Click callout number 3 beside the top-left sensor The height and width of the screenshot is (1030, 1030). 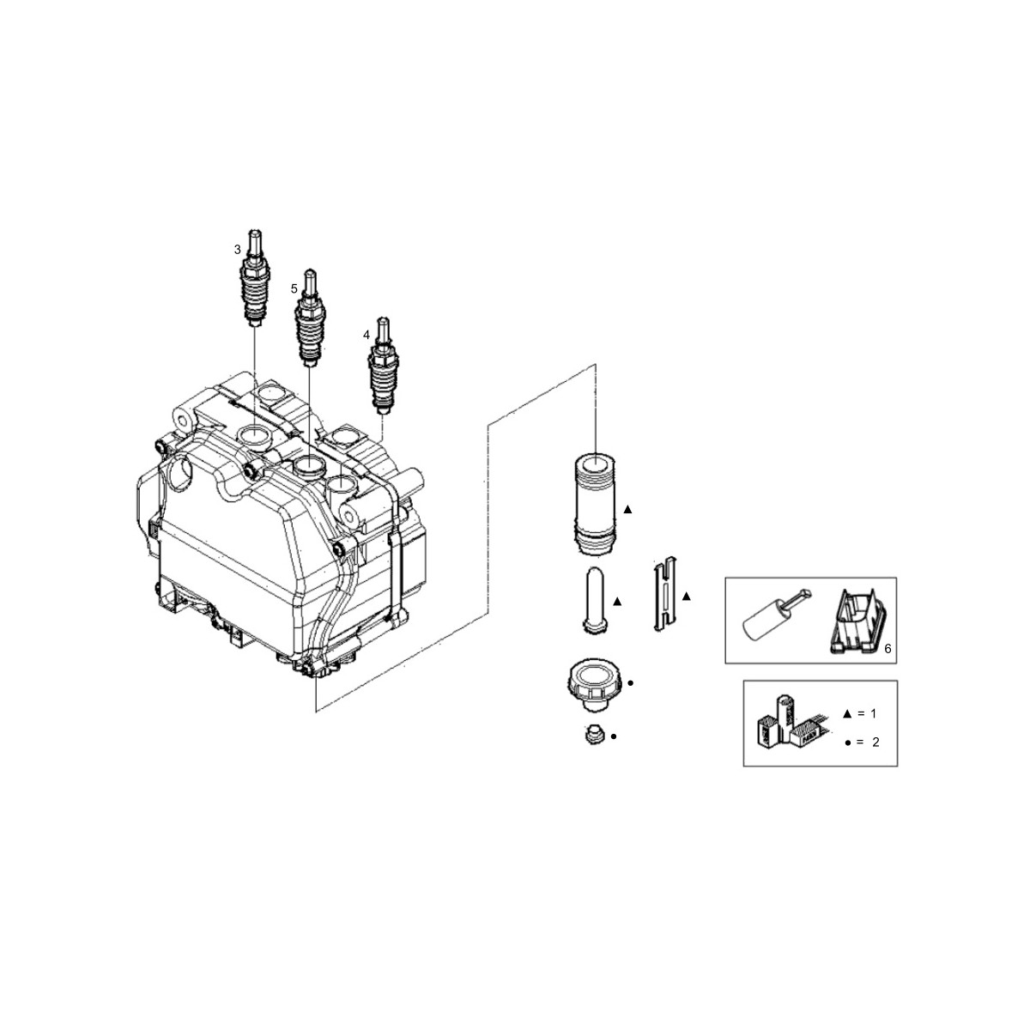pyautogui.click(x=238, y=250)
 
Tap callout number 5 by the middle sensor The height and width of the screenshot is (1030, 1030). pyautogui.click(x=294, y=289)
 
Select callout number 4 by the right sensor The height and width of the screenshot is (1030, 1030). pyautogui.click(x=367, y=335)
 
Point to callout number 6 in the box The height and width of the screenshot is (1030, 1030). pyautogui.click(x=888, y=649)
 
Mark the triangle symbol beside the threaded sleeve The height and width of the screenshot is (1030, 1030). pyautogui.click(x=627, y=509)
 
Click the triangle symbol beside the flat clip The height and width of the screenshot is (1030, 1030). pyautogui.click(x=686, y=595)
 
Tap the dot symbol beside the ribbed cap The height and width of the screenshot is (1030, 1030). pyautogui.click(x=631, y=683)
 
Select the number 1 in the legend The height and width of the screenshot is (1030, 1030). pyautogui.click(x=875, y=713)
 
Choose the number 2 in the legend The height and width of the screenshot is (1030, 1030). pyautogui.click(x=875, y=742)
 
